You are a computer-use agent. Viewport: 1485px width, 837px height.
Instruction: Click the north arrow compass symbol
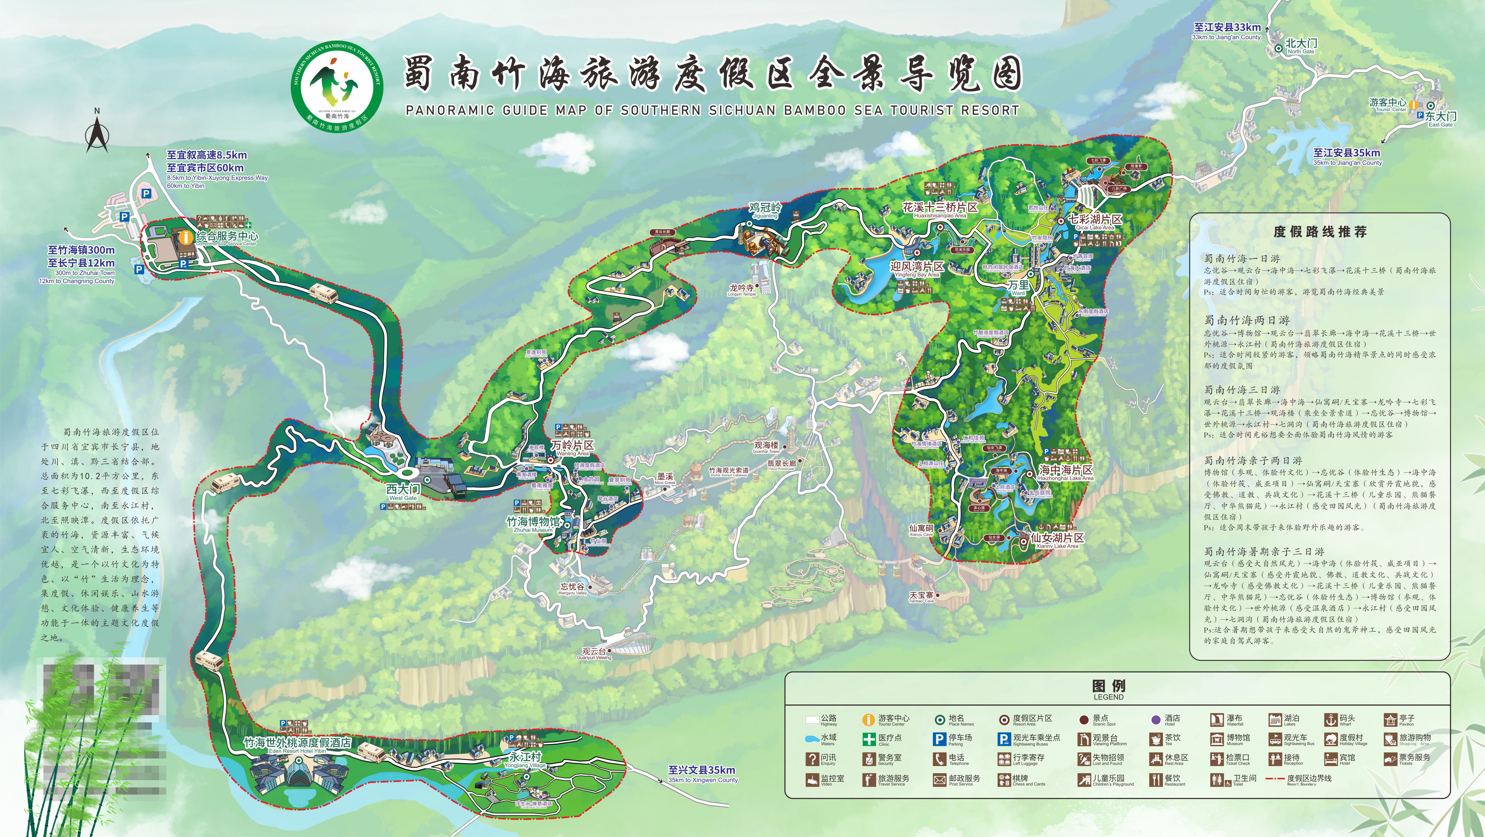click(x=97, y=131)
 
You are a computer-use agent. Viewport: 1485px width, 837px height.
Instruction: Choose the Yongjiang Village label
click(x=525, y=759)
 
